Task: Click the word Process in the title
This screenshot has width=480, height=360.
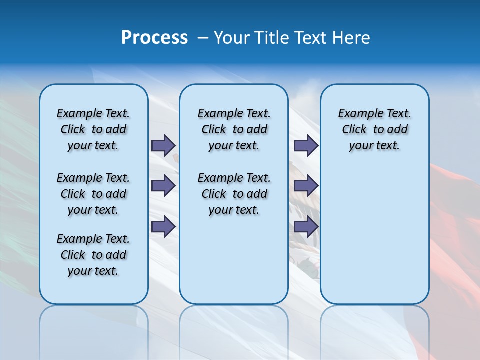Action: tap(154, 38)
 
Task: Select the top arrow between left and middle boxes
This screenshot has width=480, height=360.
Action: tap(163, 146)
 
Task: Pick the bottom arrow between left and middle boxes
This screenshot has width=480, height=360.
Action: tap(163, 226)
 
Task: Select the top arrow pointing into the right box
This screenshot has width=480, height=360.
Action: tap(306, 146)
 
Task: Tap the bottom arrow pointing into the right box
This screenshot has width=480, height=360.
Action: tap(306, 226)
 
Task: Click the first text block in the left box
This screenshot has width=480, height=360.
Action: tap(93, 129)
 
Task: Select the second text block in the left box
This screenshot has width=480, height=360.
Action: tap(93, 194)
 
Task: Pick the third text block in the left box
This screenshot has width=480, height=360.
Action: tap(93, 255)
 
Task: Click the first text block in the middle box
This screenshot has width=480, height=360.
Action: tap(234, 129)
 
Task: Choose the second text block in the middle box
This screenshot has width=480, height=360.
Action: tap(234, 194)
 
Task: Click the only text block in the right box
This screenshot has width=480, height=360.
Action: tap(374, 129)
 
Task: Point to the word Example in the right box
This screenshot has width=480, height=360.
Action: tap(357, 114)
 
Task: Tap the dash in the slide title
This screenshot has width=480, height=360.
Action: tap(202, 38)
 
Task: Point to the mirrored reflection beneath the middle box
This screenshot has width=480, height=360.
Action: tap(234, 325)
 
